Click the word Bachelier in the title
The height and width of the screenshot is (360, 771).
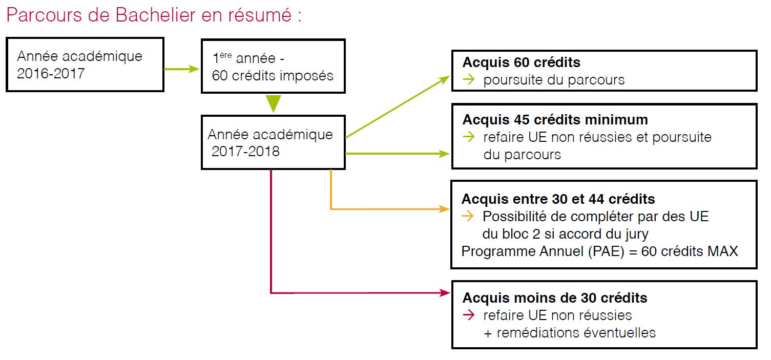(156, 15)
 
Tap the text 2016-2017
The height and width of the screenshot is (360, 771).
(51, 74)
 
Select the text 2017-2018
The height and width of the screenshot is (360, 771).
(245, 152)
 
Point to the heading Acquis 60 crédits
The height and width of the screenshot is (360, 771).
(521, 62)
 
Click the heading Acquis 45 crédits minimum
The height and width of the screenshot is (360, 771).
(555, 120)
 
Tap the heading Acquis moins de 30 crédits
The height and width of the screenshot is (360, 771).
(555, 298)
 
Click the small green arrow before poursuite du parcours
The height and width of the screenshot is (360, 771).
(468, 80)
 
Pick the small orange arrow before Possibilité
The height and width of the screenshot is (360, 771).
(468, 217)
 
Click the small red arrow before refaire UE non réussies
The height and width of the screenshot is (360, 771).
(468, 315)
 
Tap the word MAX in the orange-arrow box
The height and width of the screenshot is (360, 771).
(722, 251)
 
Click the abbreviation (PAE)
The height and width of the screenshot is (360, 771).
(606, 251)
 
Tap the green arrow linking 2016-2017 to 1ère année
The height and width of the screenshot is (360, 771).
(181, 69)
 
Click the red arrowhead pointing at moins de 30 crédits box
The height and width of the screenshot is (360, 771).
(445, 293)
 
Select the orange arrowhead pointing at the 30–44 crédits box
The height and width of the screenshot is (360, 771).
(444, 209)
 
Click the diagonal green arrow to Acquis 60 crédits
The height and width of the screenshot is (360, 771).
(398, 107)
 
